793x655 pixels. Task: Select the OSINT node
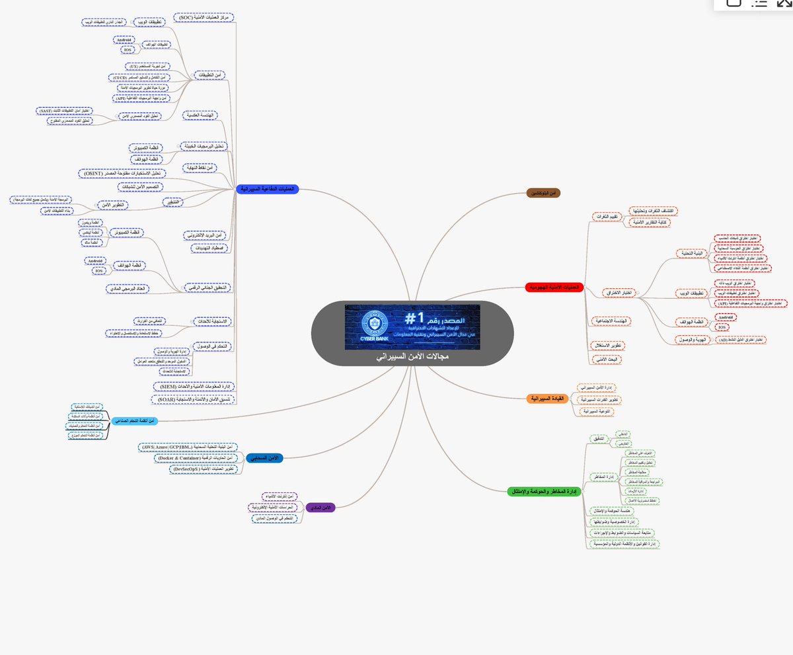(x=121, y=173)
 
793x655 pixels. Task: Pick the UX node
(x=148, y=66)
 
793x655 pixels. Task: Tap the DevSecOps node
(x=202, y=469)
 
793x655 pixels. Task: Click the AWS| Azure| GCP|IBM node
(x=188, y=447)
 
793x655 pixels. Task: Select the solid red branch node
(x=552, y=287)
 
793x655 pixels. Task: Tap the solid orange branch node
(x=547, y=399)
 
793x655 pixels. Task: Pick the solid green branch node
(x=543, y=490)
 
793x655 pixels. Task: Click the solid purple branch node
(x=322, y=508)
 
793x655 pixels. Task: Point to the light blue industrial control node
(x=137, y=420)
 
